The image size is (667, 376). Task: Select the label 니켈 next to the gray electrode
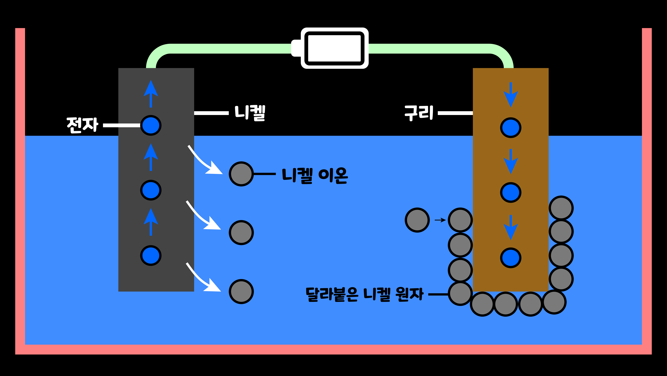(x=250, y=113)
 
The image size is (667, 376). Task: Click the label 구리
(x=419, y=113)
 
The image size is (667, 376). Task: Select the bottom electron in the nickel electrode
(x=151, y=256)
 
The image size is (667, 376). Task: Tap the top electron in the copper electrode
(x=511, y=127)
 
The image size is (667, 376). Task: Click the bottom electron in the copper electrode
(x=511, y=258)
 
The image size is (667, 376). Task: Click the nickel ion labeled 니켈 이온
(x=241, y=174)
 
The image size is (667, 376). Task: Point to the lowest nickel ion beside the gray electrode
(x=241, y=291)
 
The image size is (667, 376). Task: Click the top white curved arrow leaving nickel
(x=204, y=161)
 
